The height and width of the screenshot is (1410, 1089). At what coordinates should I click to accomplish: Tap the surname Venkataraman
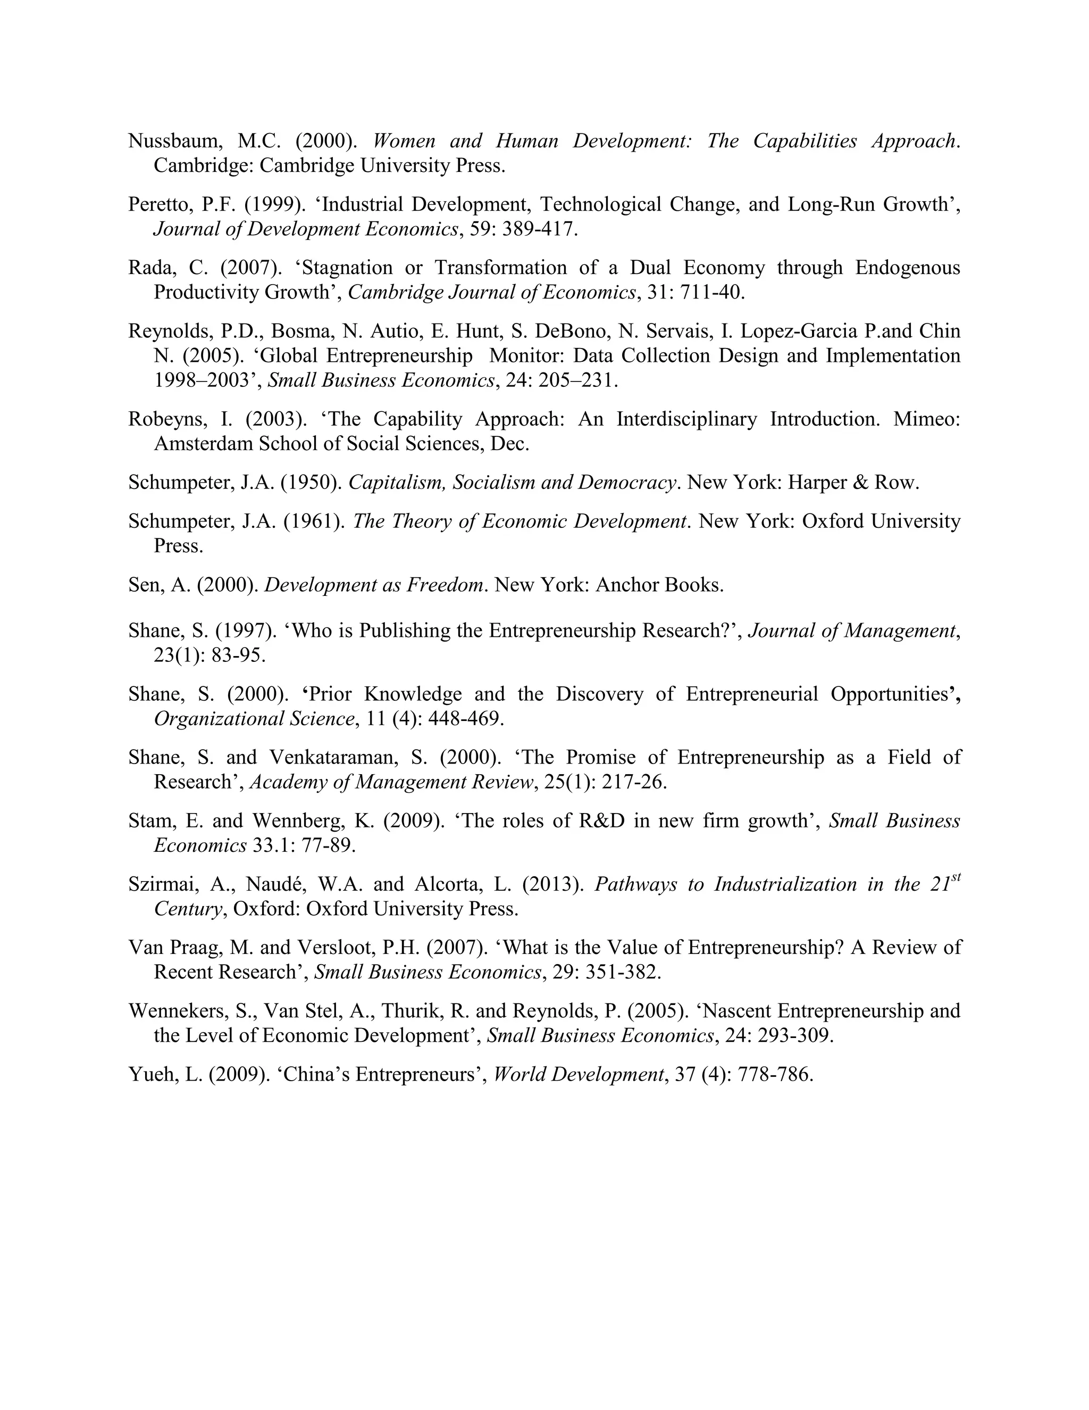347,757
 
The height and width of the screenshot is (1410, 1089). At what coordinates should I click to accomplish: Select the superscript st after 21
957,877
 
